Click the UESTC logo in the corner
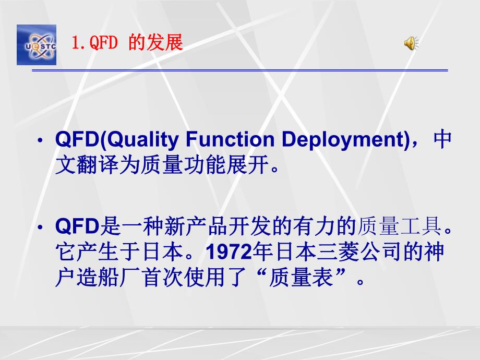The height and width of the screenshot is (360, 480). pos(36,44)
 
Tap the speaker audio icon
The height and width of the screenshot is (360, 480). pos(411,44)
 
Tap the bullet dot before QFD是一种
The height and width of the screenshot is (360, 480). pos(41,228)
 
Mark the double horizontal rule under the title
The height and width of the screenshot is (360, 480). pos(240,70)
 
